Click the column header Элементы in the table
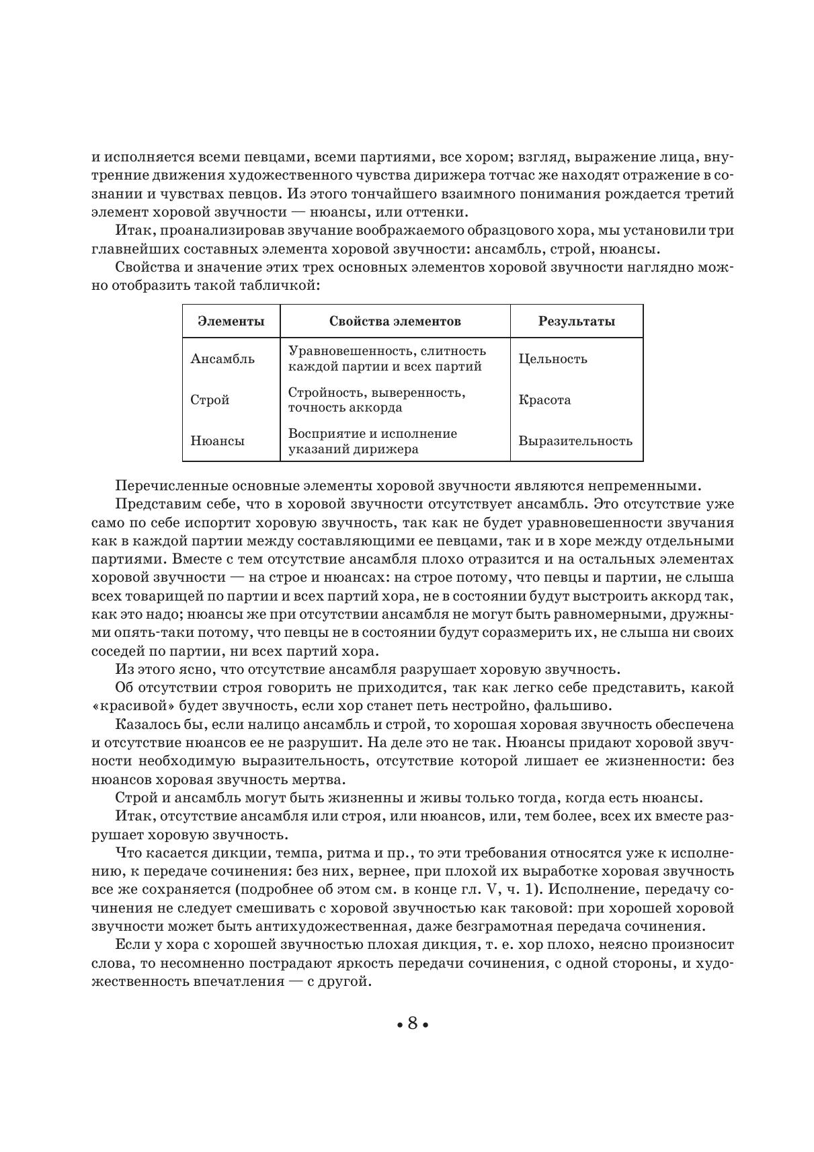click(x=231, y=321)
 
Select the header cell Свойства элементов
click(x=395, y=321)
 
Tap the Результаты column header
click(x=576, y=321)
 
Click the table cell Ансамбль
click(x=222, y=358)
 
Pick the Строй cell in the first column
click(x=210, y=399)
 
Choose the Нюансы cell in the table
click(x=217, y=441)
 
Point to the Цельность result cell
click(x=553, y=358)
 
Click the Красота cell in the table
click(x=544, y=399)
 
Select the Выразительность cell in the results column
click(x=575, y=441)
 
